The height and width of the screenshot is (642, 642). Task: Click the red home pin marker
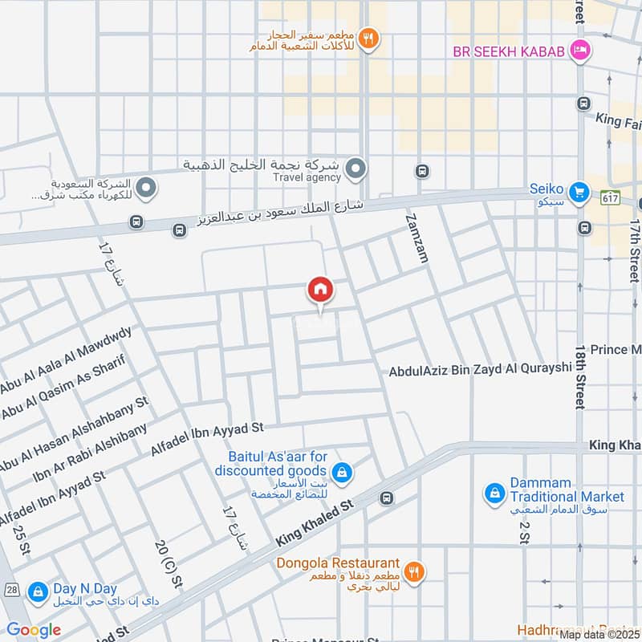coord(319,290)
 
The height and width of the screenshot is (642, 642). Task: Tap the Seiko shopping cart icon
coord(578,192)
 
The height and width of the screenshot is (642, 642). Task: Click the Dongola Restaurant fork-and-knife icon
coord(414,571)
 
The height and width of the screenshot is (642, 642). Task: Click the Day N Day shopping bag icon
coord(37,593)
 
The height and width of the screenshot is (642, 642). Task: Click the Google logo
coord(33,630)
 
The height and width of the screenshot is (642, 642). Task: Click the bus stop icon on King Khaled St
coord(387,498)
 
